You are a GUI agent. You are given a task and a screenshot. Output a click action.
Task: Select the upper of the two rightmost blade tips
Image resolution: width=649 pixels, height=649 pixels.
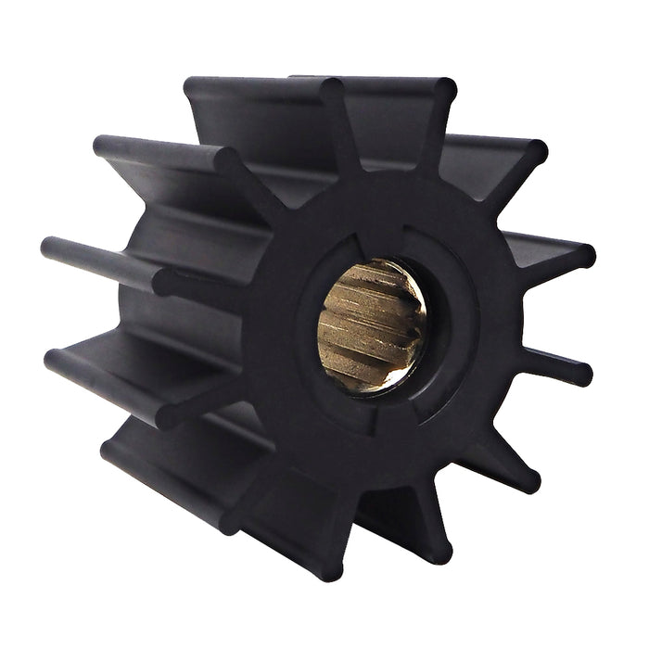point(584,255)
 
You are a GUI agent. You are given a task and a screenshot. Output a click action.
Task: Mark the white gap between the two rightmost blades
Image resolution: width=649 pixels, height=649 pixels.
point(566,315)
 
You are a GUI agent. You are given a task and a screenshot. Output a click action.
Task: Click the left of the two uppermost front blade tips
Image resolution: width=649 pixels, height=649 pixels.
point(334,90)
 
